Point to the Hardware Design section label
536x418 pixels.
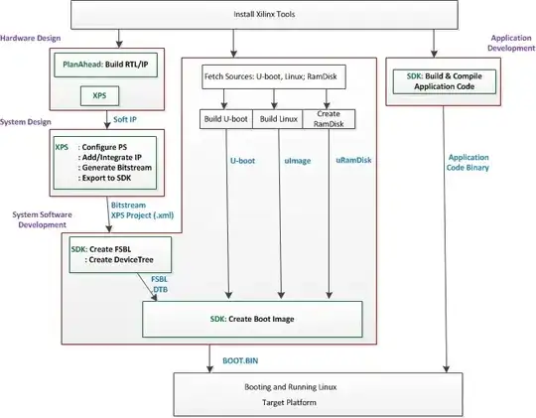click(x=30, y=39)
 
